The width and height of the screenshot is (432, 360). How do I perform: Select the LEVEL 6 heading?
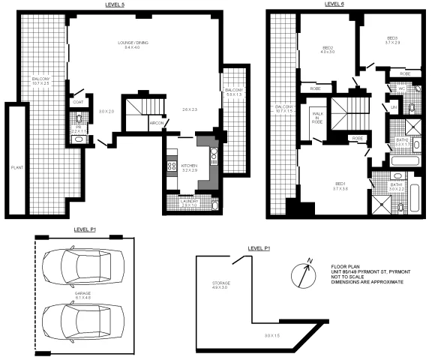click(334, 4)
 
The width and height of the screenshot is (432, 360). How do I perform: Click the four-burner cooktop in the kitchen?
click(172, 168)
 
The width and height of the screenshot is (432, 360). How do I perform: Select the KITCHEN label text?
click(189, 166)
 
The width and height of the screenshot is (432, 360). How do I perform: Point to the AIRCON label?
click(157, 122)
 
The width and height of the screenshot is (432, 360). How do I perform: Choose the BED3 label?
click(391, 39)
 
